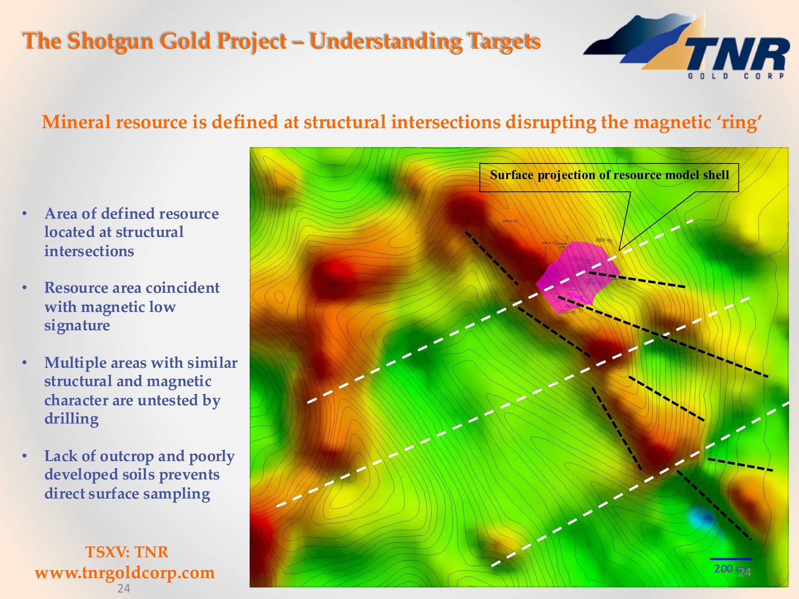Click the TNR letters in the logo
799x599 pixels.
737,55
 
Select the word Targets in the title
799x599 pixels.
503,41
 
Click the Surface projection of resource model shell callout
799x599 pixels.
609,175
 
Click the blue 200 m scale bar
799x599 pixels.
730,559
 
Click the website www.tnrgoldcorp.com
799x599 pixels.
125,572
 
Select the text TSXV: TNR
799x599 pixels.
126,552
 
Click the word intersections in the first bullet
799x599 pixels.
89,251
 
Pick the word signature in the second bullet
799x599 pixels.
77,325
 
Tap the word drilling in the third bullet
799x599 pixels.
71,419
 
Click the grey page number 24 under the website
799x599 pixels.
124,588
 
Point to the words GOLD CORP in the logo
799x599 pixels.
736,76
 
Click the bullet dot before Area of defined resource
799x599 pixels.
25,214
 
